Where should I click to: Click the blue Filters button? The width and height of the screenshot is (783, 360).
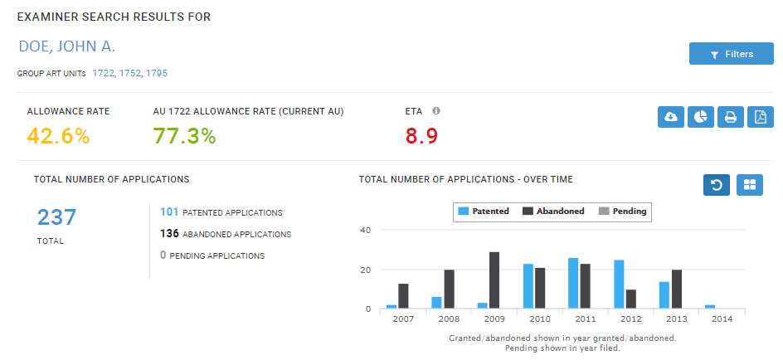(731, 54)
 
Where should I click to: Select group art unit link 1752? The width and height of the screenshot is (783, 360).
(130, 73)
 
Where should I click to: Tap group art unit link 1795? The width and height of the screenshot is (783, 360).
(156, 73)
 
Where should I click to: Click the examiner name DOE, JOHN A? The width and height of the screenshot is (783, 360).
(66, 46)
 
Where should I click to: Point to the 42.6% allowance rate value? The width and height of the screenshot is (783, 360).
(58, 136)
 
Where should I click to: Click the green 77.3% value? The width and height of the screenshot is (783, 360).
(184, 136)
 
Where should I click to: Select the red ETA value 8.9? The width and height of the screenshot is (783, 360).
(421, 136)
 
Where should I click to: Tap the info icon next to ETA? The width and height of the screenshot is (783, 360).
(436, 110)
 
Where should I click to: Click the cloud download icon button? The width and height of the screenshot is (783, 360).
(671, 118)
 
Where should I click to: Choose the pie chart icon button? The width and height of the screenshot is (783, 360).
(701, 118)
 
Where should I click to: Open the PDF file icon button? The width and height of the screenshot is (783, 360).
(760, 118)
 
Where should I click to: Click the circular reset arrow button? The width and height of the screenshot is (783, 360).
(717, 185)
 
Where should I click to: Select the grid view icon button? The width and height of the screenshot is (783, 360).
(749, 185)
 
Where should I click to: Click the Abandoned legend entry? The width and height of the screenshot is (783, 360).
(553, 212)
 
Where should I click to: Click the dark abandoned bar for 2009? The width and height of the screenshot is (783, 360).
(494, 280)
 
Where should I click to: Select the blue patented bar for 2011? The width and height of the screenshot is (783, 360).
(573, 283)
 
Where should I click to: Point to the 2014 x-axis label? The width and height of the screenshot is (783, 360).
(722, 319)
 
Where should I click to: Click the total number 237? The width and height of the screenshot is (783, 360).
(56, 217)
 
